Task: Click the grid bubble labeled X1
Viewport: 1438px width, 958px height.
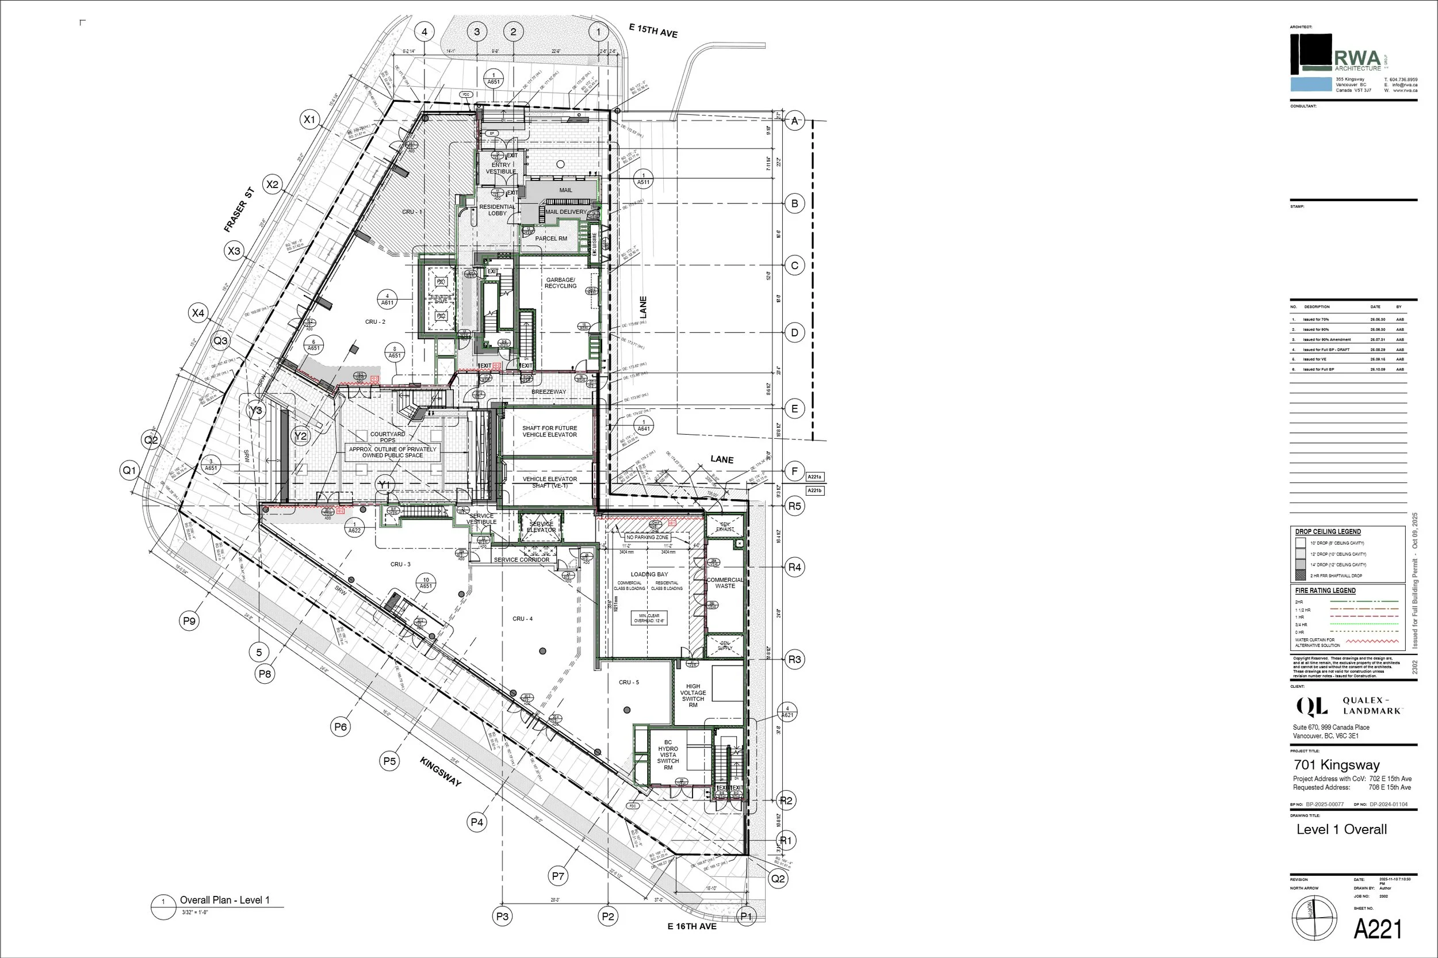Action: point(310,119)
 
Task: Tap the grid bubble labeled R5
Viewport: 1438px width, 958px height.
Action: point(794,506)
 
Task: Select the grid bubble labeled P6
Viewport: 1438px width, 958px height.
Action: point(341,726)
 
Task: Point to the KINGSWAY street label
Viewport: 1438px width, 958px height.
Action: point(440,772)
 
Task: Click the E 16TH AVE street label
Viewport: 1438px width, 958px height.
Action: point(692,926)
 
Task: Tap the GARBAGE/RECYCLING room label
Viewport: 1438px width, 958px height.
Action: point(560,283)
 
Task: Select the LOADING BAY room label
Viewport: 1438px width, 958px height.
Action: point(649,574)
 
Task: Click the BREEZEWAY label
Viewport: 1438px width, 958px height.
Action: point(548,392)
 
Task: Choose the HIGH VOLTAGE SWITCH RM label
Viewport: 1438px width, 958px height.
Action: point(693,695)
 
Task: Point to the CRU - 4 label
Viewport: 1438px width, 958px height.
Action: point(522,619)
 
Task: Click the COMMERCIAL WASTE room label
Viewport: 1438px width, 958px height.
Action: point(725,583)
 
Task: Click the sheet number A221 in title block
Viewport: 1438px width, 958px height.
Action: point(1378,929)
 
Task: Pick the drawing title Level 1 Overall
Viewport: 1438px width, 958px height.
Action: point(1341,830)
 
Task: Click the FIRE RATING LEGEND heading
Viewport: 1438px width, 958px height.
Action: point(1325,591)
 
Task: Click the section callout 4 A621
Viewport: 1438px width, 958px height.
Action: point(787,712)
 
